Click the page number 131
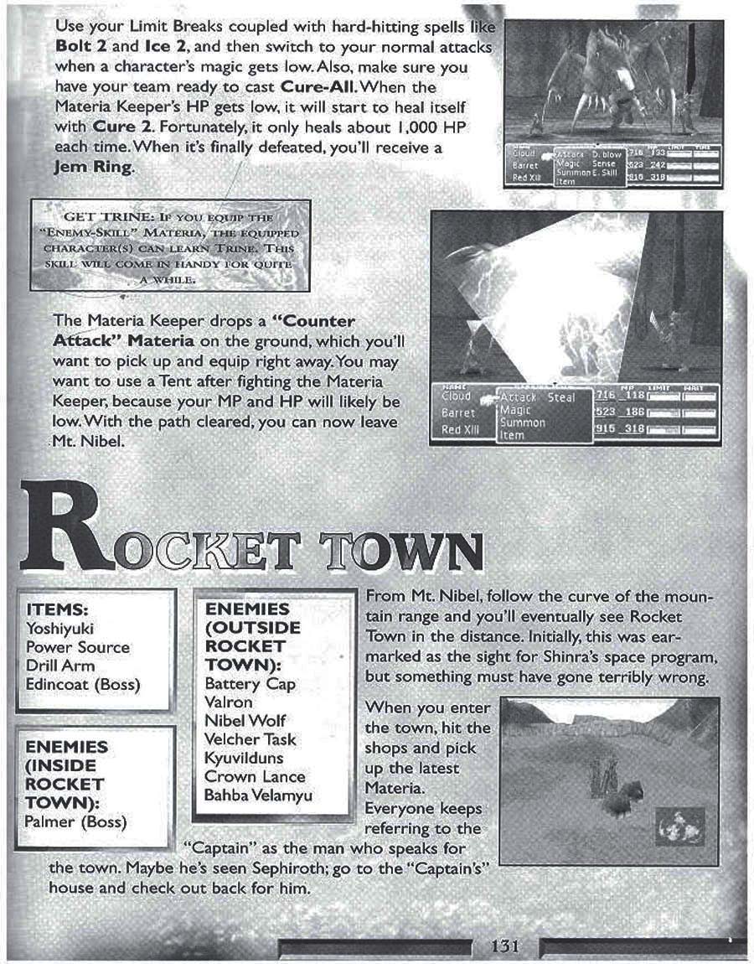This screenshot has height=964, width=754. [x=507, y=946]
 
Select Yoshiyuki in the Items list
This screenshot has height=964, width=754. [x=59, y=628]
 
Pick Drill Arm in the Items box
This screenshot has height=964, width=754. [x=60, y=666]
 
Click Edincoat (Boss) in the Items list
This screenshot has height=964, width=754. [x=83, y=685]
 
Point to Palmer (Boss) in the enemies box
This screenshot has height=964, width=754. [x=75, y=821]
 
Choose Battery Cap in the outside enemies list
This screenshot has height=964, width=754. [x=250, y=684]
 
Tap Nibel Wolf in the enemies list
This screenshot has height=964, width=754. [x=245, y=721]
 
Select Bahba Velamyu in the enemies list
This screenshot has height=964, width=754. [x=258, y=795]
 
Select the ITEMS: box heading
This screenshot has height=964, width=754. [x=58, y=609]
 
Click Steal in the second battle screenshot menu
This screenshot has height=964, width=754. [x=560, y=396]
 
